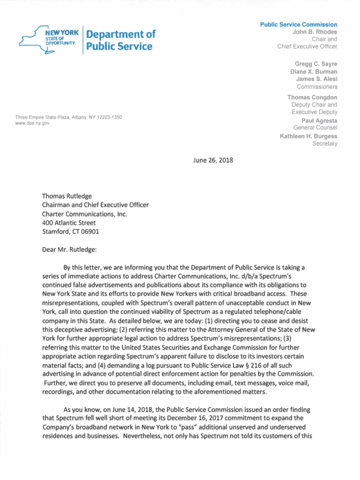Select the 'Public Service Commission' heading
[x=299, y=24]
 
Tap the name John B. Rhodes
[x=315, y=32]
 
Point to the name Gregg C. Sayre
[x=315, y=64]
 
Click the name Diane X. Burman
[x=314, y=72]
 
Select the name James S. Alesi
[x=316, y=79]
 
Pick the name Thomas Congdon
[x=312, y=97]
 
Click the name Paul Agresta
[x=320, y=120]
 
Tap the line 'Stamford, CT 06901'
[x=71, y=232]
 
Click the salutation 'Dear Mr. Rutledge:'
[x=69, y=249]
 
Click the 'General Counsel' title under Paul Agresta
[x=315, y=127]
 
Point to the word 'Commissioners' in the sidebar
[x=317, y=87]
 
